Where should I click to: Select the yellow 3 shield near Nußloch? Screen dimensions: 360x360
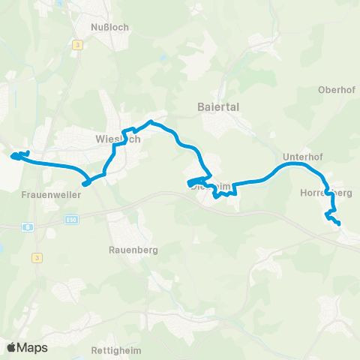(77, 45)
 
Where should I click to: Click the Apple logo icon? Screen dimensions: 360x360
(11, 347)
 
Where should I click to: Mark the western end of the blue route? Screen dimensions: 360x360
(12, 156)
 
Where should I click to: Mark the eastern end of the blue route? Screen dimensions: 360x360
(339, 223)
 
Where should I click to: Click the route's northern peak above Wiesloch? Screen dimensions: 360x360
(151, 121)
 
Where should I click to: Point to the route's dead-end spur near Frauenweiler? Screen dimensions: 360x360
(84, 182)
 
